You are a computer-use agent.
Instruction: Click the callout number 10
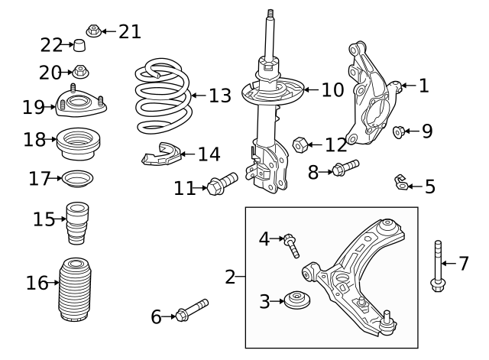(x=332, y=91)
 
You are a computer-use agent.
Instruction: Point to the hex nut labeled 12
(x=301, y=143)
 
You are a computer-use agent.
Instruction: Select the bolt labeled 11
(x=222, y=186)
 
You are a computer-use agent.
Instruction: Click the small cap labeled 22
(x=78, y=47)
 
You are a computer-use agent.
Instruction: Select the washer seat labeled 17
(x=77, y=180)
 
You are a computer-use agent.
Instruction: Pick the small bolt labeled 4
(x=291, y=245)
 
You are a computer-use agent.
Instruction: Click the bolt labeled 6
(x=191, y=311)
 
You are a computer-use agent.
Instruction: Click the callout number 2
(x=231, y=277)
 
